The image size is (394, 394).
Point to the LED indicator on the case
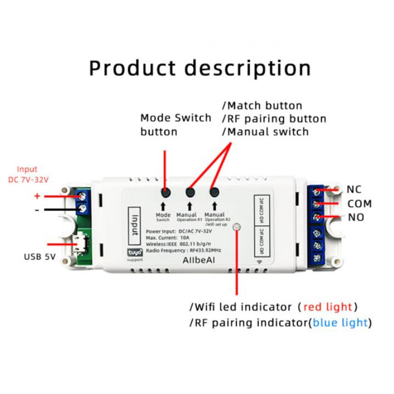(237, 227)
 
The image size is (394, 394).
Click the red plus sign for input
(37, 196)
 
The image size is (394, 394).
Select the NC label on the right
(354, 190)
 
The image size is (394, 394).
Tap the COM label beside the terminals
(360, 204)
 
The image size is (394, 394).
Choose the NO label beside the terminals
(356, 217)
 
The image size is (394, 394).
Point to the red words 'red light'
(328, 307)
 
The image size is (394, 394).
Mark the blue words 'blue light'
(340, 323)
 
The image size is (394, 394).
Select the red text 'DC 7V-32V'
(29, 179)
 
